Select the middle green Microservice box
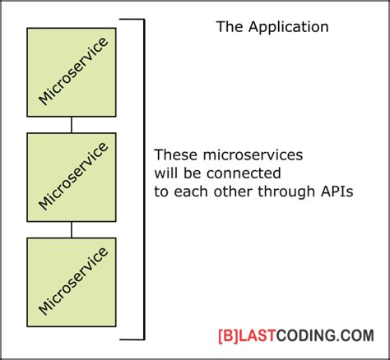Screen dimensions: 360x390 [72, 177]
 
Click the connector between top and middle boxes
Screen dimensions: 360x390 [72, 124]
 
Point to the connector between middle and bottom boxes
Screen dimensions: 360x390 [72, 229]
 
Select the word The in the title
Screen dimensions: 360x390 [228, 27]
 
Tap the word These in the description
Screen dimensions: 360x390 [174, 155]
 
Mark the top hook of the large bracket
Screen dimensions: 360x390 [137, 19]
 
